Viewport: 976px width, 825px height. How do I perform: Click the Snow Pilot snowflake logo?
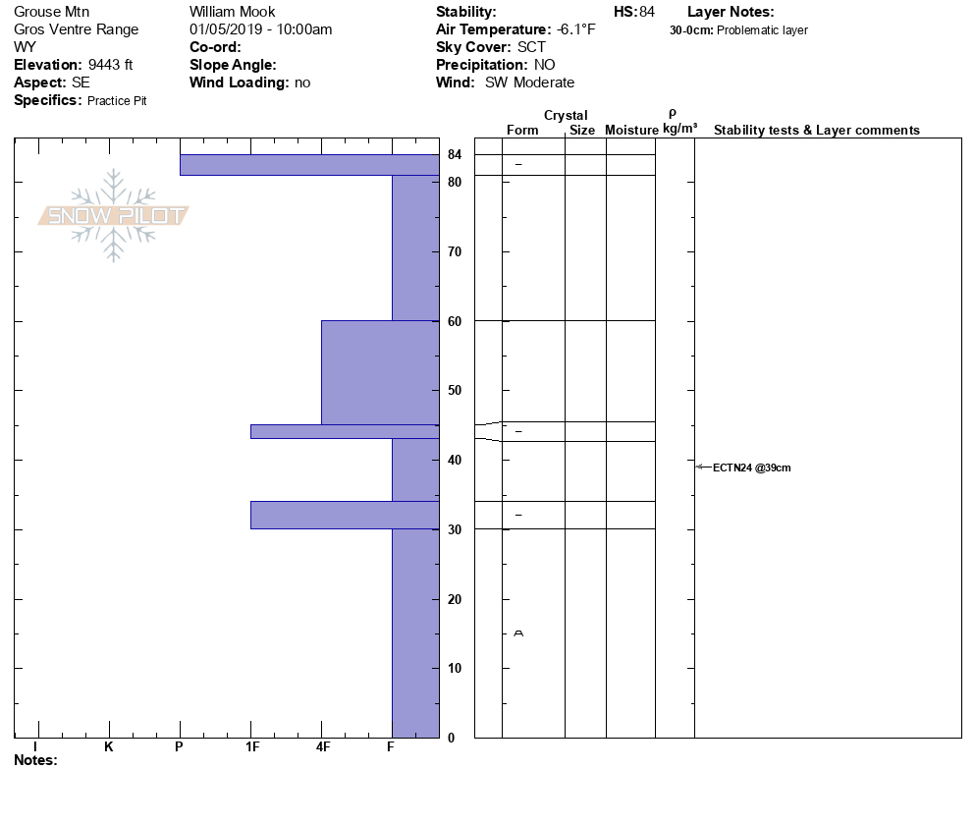point(114,216)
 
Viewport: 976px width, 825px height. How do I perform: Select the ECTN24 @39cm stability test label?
point(751,467)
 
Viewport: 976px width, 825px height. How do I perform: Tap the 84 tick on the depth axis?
point(455,154)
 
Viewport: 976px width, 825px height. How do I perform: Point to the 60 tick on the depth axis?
point(455,321)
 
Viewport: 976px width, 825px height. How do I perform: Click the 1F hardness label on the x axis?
point(251,746)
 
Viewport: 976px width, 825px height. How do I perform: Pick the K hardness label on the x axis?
point(108,746)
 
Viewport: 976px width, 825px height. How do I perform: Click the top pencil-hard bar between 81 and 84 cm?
point(308,165)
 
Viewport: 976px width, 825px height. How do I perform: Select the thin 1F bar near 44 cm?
point(344,431)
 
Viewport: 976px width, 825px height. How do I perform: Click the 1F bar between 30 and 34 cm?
point(344,515)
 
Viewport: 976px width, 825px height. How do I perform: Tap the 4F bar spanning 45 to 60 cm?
point(379,373)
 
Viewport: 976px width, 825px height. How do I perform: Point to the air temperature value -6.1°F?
point(576,29)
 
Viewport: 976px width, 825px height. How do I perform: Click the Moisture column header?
point(631,131)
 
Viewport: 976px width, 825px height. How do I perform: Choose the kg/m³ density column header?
point(679,129)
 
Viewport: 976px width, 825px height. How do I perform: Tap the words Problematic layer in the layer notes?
point(762,30)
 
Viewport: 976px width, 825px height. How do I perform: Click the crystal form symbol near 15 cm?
point(518,633)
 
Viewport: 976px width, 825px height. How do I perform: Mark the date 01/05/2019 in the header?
point(228,29)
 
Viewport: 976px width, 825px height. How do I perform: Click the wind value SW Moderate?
point(530,82)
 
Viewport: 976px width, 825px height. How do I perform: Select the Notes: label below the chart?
point(35,760)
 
